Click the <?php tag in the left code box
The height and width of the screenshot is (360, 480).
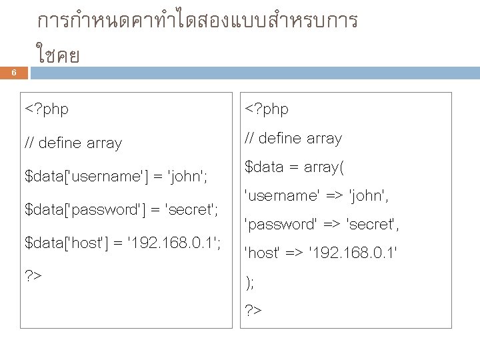pos(47,108)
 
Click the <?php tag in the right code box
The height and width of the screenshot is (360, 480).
pos(267,108)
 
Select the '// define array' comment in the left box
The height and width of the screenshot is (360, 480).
pos(73,143)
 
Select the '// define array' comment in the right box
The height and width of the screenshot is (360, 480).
pos(293,139)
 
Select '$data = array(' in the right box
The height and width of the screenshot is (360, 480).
pos(294,167)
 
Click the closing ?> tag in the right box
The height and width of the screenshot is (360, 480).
pos(254,311)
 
